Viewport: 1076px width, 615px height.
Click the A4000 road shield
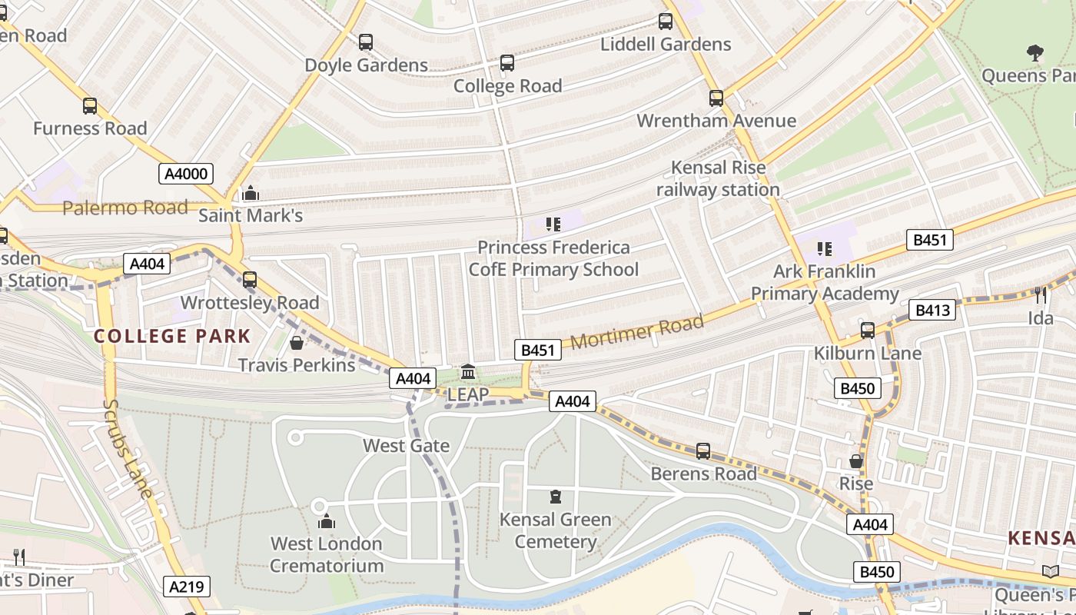[186, 174]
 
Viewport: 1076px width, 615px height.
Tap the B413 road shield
[932, 311]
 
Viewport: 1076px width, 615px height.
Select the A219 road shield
[186, 587]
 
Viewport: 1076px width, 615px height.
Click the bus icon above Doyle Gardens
[366, 42]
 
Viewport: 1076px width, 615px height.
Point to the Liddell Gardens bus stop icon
[666, 22]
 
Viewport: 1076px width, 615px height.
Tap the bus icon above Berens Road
[703, 451]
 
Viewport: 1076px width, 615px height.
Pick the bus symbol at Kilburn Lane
[868, 331]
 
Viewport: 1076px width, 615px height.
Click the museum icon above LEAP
[467, 373]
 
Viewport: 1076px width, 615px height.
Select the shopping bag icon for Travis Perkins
[297, 342]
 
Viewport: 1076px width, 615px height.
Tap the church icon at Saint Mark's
[251, 193]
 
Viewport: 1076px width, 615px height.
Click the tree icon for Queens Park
[1035, 53]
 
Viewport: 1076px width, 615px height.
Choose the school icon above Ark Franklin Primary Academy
[825, 248]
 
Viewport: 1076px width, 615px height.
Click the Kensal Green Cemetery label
[555, 530]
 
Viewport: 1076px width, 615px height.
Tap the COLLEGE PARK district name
[172, 336]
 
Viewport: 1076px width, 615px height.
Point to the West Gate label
[406, 445]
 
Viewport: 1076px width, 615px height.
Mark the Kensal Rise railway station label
[718, 178]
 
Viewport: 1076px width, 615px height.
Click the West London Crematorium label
[327, 554]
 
